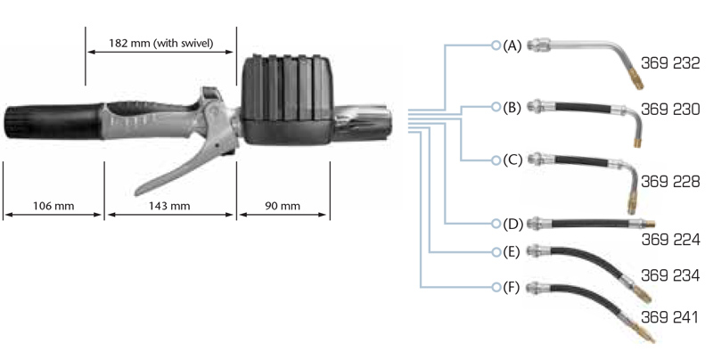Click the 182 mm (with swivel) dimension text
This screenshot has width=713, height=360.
tap(160, 43)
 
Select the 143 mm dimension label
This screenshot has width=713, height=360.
tap(169, 206)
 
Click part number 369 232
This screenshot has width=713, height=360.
tap(670, 64)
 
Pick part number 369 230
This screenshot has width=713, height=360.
tap(670, 109)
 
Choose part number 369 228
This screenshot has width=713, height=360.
tap(670, 181)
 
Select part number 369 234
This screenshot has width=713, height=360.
tap(670, 276)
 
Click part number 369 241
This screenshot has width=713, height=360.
tap(670, 317)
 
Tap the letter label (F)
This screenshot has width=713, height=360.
tap(512, 287)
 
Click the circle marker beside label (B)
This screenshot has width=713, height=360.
tap(496, 108)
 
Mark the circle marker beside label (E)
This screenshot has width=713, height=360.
tap(496, 252)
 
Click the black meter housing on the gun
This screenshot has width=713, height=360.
tap(284, 98)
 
